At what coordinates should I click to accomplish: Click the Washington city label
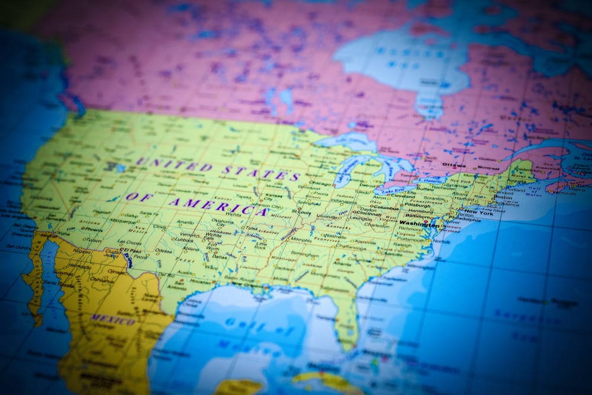pyautogui.click(x=419, y=224)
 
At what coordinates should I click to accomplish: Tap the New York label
pyautogui.click(x=479, y=212)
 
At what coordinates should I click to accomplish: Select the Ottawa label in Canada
pyautogui.click(x=454, y=165)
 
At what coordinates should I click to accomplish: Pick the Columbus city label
pyautogui.click(x=386, y=208)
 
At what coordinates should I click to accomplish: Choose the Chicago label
pyautogui.click(x=320, y=184)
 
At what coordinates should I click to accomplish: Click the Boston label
pyautogui.click(x=503, y=197)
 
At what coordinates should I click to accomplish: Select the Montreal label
pyautogui.click(x=489, y=168)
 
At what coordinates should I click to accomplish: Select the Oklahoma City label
pyautogui.click(x=223, y=223)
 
